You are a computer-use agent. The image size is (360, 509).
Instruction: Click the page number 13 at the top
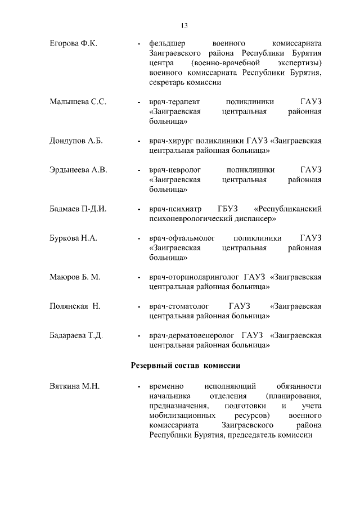(184, 25)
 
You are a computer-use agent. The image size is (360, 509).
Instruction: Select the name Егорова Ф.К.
(73, 43)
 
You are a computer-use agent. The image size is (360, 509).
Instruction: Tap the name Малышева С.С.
(78, 102)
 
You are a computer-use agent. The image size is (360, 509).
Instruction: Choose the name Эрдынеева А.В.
(78, 170)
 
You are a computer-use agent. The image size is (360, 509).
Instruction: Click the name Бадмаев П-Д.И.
(78, 209)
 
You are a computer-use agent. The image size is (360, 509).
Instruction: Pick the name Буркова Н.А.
(73, 238)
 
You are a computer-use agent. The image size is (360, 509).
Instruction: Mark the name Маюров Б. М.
(75, 277)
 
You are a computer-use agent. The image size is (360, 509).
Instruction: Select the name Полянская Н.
(75, 307)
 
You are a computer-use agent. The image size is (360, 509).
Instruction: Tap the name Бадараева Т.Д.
(76, 336)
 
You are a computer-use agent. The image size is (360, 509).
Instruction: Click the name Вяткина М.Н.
(74, 386)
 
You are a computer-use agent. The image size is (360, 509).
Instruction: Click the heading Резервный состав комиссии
(186, 366)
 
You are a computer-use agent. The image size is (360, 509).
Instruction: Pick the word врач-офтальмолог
(179, 238)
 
